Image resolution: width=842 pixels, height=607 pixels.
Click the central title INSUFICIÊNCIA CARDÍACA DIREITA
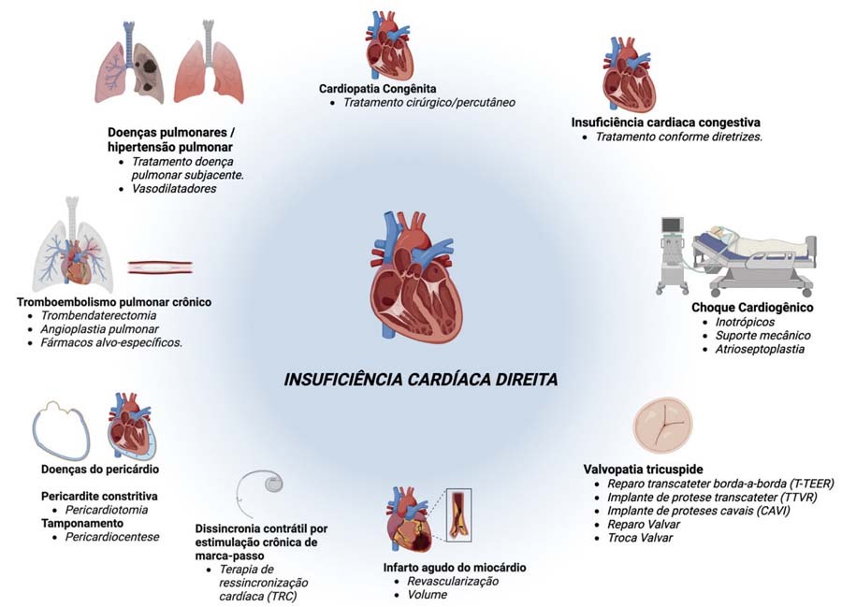click(x=421, y=381)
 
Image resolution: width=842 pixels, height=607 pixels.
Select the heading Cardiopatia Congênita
click(x=377, y=88)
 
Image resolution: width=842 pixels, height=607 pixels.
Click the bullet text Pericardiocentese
click(x=112, y=537)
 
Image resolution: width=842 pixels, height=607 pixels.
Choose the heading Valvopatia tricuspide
click(x=644, y=469)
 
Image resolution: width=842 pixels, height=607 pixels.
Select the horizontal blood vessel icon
click(x=160, y=267)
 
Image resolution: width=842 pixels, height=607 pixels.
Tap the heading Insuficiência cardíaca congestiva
click(x=665, y=123)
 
